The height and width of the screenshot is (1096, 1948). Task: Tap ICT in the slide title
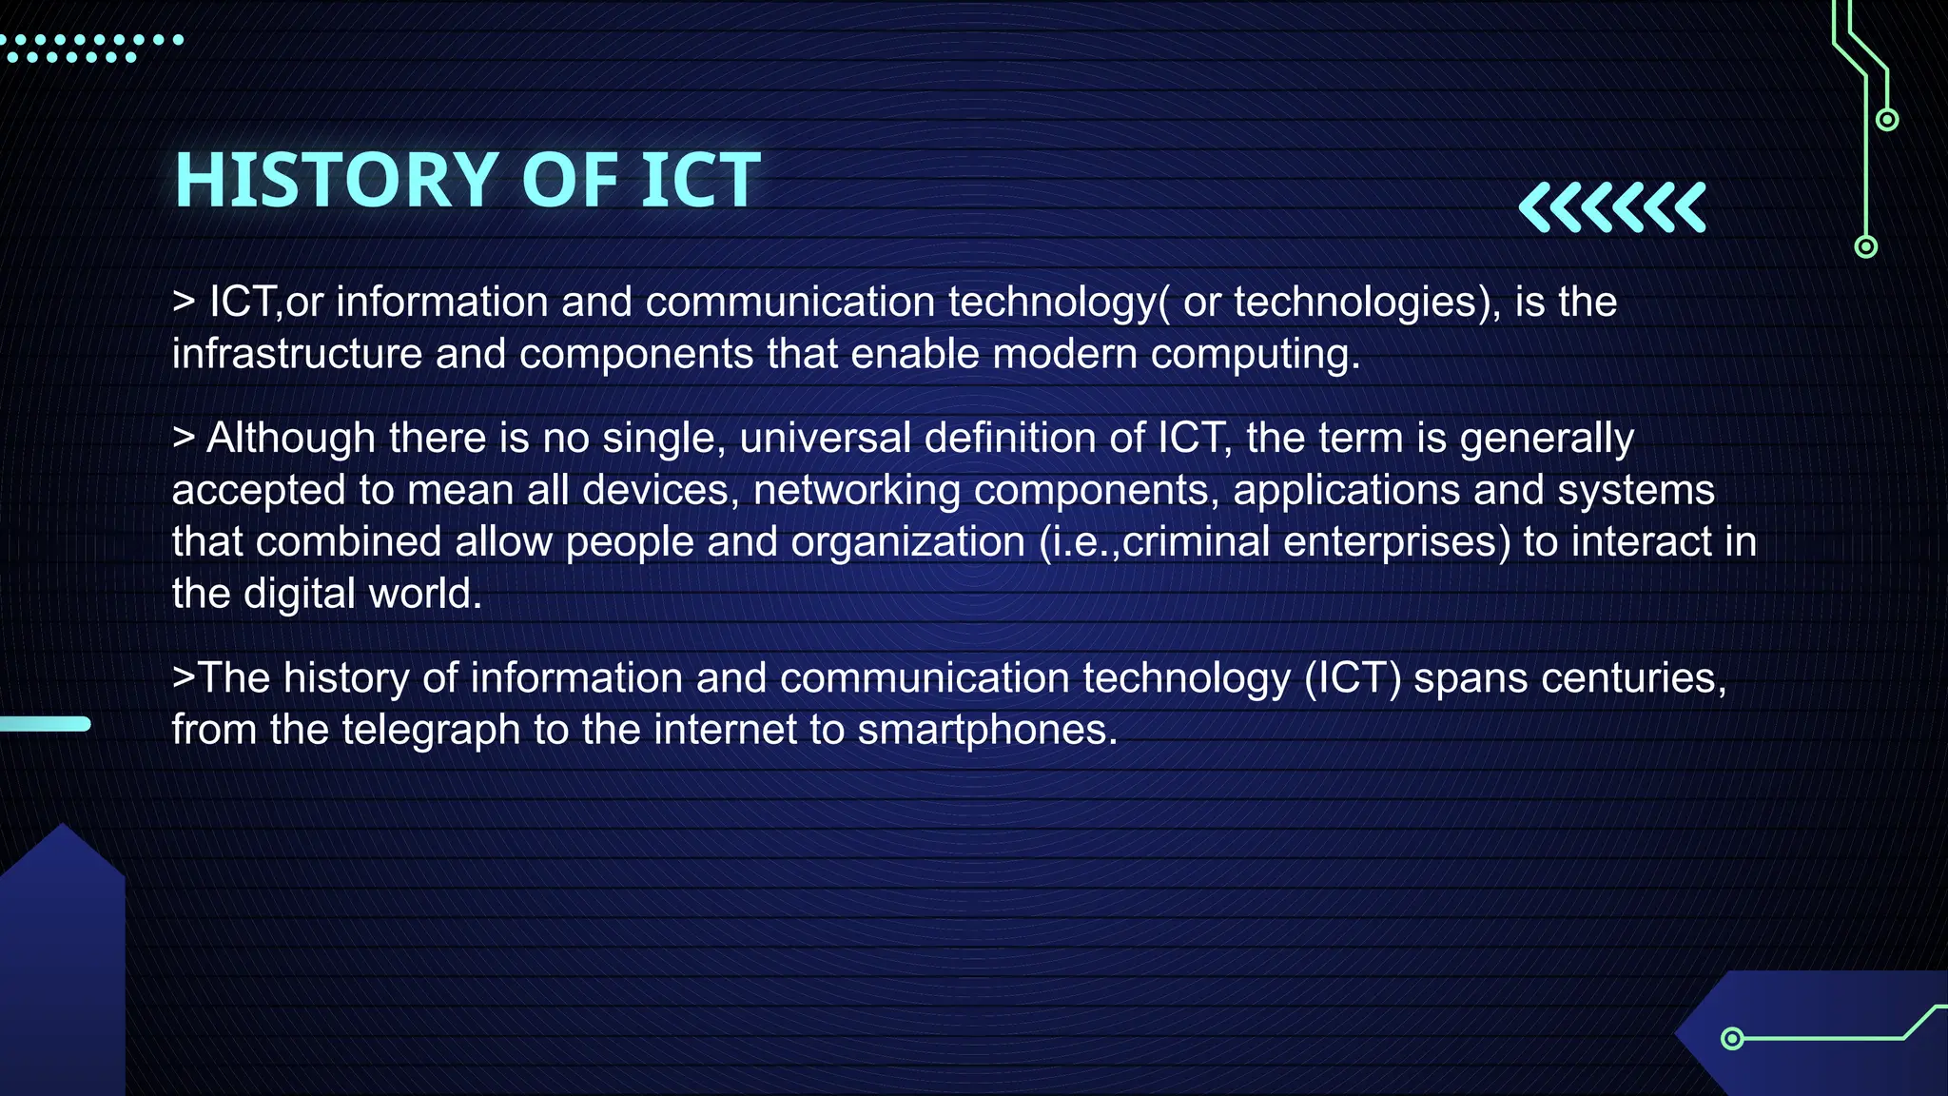click(701, 180)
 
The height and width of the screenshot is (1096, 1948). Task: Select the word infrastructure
click(297, 354)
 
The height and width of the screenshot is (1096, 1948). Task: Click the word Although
click(291, 439)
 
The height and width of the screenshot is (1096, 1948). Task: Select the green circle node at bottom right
click(1732, 1038)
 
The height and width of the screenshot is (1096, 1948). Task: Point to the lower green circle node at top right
click(1866, 247)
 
